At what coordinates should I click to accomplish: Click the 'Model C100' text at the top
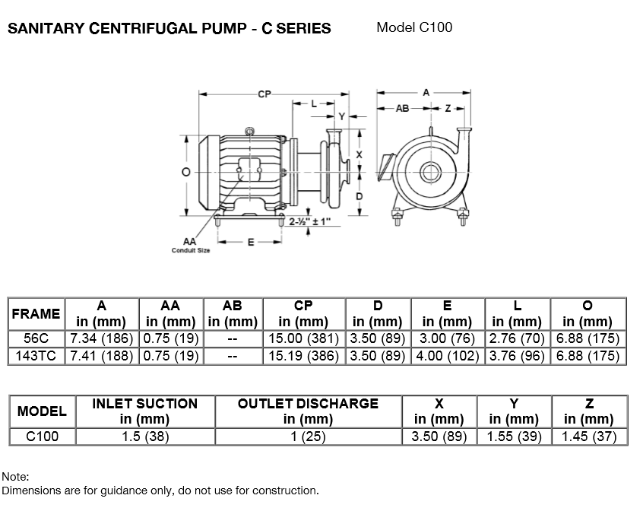[x=414, y=28]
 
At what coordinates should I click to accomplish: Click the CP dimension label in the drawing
[x=264, y=94]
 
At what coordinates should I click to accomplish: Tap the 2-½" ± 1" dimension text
[x=310, y=221]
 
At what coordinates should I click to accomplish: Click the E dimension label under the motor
[x=250, y=243]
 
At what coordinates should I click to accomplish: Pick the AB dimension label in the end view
[x=402, y=109]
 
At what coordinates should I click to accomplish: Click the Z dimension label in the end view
[x=448, y=109]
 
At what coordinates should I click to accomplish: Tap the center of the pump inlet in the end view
[x=429, y=170]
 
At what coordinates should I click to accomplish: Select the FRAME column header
[x=36, y=313]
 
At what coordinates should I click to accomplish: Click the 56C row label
[x=36, y=338]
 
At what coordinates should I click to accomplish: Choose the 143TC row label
[x=36, y=355]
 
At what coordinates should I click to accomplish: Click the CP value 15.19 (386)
[x=303, y=355]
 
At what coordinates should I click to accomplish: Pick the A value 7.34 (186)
[x=102, y=338]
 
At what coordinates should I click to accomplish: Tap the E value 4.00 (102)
[x=447, y=355]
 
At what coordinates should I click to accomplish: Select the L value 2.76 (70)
[x=517, y=338]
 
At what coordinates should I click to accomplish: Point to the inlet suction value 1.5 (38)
[x=144, y=437]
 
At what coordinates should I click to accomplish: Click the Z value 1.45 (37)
[x=588, y=437]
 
